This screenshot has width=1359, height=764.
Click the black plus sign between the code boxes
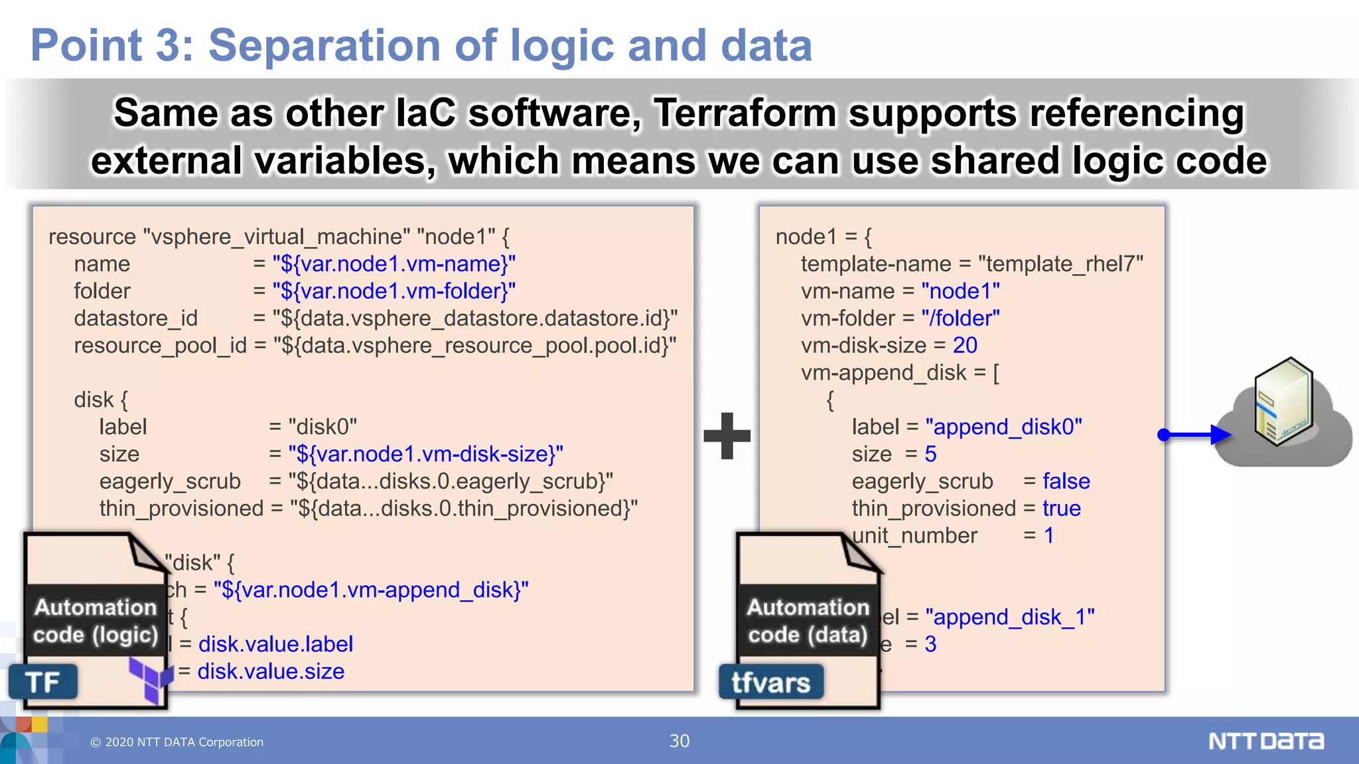coord(727,436)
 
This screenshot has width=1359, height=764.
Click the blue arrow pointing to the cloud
coord(1194,435)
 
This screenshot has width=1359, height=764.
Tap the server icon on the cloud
coord(1283,402)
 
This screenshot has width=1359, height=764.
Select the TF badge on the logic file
coord(43,682)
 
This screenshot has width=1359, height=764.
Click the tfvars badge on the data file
coord(771,682)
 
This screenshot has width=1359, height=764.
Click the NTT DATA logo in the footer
coord(1265,741)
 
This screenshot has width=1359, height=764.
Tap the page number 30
coord(679,741)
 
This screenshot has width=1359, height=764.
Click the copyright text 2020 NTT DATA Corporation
coord(177,742)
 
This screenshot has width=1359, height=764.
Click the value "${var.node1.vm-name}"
coord(393,264)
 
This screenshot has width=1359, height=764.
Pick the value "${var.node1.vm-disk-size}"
coord(425,454)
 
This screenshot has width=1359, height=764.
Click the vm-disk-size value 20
coord(965,346)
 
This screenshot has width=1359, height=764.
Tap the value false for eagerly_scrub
coord(1066,481)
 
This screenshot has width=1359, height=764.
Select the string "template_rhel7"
coord(1060,264)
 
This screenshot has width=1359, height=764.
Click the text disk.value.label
coord(275,644)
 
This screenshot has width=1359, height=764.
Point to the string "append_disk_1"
coord(1009,617)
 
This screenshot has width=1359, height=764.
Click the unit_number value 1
coord(1048,536)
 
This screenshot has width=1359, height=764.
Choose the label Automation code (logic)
coord(96,621)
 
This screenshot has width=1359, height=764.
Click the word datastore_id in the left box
coord(135,318)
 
